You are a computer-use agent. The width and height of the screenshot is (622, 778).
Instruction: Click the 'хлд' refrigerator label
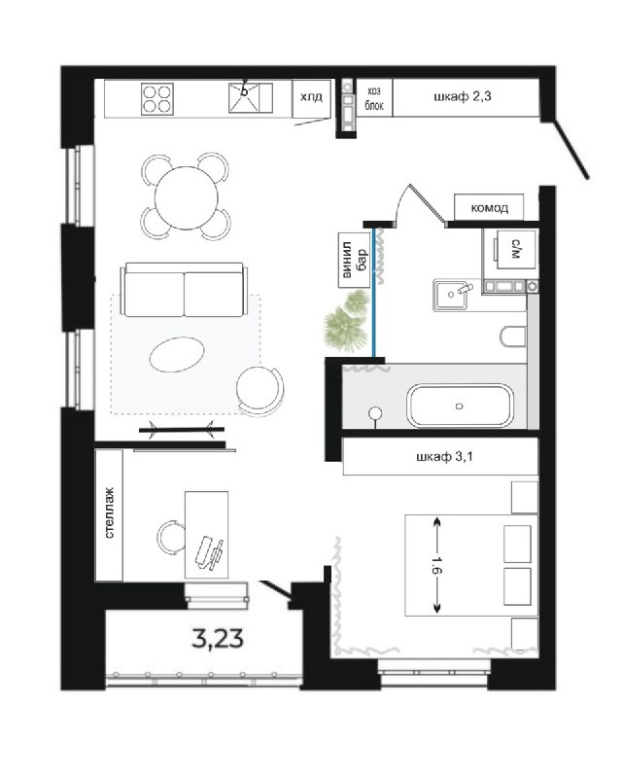[x=311, y=96]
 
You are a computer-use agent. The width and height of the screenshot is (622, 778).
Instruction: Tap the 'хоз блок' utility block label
[x=374, y=98]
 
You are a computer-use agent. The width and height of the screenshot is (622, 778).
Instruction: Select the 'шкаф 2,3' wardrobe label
[x=463, y=96]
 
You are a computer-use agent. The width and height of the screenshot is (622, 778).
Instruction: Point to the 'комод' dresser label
[x=490, y=207]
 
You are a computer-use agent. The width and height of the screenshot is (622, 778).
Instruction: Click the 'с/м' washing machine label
[x=515, y=249]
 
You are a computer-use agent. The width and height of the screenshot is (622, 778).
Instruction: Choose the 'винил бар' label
[x=354, y=260]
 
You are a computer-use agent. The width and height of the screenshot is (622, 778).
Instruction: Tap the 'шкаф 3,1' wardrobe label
[x=444, y=456]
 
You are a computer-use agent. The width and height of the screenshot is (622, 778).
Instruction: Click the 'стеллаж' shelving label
[x=109, y=513]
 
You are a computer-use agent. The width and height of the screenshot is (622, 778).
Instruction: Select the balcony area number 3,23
[x=218, y=638]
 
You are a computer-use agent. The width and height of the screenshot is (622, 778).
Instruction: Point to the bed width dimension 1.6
[x=436, y=565]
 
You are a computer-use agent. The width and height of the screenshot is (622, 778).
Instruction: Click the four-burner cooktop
[x=157, y=98]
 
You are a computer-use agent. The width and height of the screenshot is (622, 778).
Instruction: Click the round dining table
[x=187, y=197]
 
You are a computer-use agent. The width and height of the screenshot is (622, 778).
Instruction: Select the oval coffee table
[x=177, y=354]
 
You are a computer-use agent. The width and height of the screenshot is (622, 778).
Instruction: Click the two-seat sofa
[x=184, y=289]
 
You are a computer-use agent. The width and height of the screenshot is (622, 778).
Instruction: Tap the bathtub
[x=460, y=406]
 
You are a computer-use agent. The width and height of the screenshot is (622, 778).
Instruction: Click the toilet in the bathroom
[x=513, y=336]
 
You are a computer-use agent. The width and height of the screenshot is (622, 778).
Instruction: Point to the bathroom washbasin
[x=451, y=295]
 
